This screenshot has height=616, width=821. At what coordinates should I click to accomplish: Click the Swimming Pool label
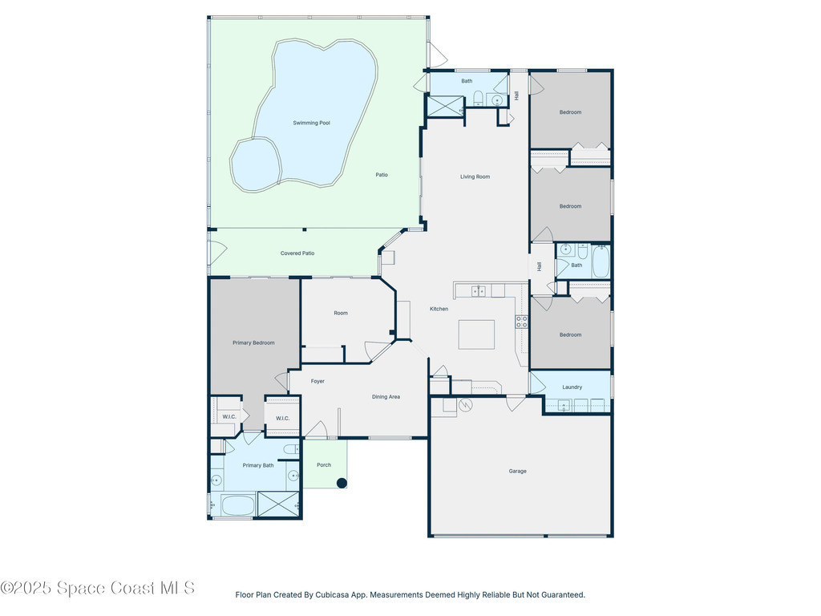(312, 123)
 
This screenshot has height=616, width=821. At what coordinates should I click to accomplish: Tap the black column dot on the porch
(342, 483)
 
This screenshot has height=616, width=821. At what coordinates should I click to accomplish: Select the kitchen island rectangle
(476, 334)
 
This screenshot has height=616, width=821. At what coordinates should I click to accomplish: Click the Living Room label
(475, 177)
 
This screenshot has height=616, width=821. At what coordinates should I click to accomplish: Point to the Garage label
(517, 472)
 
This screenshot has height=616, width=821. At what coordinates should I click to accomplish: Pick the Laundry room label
(572, 387)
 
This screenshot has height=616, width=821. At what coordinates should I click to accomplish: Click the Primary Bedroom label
(253, 343)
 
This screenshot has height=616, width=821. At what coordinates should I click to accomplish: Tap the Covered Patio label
(297, 253)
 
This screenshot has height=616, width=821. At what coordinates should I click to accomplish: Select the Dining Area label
(386, 397)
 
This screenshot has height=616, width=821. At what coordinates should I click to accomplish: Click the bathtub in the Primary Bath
(237, 505)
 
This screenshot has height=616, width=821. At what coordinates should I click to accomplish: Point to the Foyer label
(317, 381)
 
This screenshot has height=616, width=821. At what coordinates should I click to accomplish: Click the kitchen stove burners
(521, 322)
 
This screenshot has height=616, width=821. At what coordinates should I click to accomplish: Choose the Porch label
(324, 465)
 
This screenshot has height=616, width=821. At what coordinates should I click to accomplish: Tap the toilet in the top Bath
(478, 98)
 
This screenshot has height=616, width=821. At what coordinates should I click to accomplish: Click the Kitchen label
(439, 309)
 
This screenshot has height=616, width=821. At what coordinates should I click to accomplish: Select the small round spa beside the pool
(256, 165)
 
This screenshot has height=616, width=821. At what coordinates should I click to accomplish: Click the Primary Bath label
(258, 465)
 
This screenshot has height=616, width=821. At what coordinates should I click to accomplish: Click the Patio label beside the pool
(382, 175)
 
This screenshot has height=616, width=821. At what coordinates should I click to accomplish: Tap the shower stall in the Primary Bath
(278, 505)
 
